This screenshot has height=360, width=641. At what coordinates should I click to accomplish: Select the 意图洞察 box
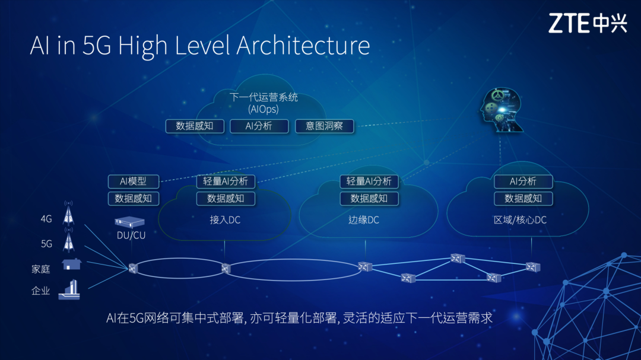[x=324, y=126]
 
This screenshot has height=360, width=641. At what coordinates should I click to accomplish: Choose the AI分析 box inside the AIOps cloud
[x=258, y=126]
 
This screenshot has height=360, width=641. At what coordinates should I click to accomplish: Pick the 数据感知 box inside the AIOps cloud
[x=195, y=126]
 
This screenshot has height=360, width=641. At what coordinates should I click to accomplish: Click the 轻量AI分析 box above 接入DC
[x=226, y=181]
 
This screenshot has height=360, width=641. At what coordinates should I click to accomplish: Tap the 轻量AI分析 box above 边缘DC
[x=369, y=181]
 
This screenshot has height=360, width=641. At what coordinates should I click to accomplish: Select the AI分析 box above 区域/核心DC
[x=523, y=181]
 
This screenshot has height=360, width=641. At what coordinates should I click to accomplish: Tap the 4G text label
[x=46, y=219]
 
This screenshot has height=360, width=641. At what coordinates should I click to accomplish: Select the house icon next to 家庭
[x=71, y=264]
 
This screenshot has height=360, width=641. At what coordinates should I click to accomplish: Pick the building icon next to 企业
[x=69, y=289]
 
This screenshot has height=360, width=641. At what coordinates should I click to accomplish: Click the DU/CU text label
[x=131, y=235]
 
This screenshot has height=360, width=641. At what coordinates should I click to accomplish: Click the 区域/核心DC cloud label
[x=520, y=220]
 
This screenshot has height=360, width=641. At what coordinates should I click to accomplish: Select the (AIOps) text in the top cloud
[x=263, y=109]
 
